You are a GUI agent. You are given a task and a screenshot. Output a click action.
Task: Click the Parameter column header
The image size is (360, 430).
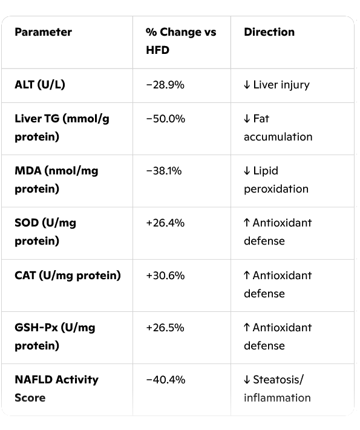coord(44,32)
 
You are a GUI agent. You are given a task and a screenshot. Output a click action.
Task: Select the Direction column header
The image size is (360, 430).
coord(269,32)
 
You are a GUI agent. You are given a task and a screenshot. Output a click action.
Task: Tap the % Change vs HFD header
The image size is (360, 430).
coord(181,41)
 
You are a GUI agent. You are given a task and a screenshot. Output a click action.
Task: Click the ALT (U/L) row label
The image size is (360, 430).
coord(40,85)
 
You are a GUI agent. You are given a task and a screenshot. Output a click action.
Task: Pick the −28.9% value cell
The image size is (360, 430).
coord(165,85)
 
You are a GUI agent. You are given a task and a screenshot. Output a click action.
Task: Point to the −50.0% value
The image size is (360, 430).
coord(166,119)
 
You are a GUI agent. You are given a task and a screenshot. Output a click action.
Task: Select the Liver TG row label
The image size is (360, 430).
coord(62,128)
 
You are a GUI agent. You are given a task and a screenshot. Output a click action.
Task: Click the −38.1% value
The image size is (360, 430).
coord(164,171)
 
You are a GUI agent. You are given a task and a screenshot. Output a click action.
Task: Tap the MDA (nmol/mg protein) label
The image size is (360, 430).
coord(56,180)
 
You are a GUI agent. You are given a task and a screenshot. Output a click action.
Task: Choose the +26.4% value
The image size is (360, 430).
coord(165,223)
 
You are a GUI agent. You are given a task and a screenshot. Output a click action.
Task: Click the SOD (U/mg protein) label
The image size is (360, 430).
coord(45,232)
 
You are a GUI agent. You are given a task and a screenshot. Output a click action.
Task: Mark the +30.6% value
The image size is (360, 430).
coord(165,276)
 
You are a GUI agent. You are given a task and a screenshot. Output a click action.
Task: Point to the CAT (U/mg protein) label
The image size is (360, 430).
coord(68,276)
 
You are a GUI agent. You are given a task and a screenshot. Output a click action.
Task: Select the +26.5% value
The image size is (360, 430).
coord(165,328)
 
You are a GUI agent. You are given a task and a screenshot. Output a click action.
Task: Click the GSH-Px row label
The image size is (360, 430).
coord(55,337)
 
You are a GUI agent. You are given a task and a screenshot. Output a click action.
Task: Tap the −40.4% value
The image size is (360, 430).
coord(166,380)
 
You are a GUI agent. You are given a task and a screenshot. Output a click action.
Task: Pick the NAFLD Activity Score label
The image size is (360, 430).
coord(56,389)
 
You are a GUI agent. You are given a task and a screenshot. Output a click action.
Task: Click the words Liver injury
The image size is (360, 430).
coord(281,85)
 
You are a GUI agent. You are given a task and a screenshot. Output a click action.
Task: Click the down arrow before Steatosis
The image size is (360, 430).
coord(247,380)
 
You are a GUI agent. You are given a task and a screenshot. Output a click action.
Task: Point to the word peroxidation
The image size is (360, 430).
coord(276,189)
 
